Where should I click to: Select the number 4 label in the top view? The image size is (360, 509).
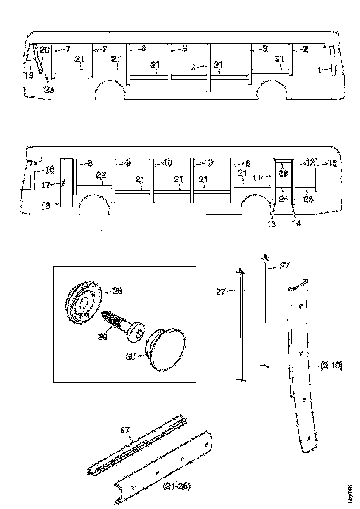click(195, 68)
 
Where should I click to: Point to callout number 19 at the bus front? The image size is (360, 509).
click(29, 75)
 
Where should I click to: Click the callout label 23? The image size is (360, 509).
click(49, 90)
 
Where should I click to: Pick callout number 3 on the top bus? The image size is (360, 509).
click(265, 49)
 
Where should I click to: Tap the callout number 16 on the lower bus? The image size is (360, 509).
click(50, 170)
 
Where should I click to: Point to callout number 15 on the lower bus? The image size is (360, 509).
click(332, 163)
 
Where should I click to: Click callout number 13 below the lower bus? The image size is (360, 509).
click(271, 224)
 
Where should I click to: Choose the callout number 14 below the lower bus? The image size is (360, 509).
click(296, 223)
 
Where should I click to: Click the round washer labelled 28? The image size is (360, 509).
click(83, 303)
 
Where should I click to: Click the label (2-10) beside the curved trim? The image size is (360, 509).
click(331, 366)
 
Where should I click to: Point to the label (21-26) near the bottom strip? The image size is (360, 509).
click(176, 486)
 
